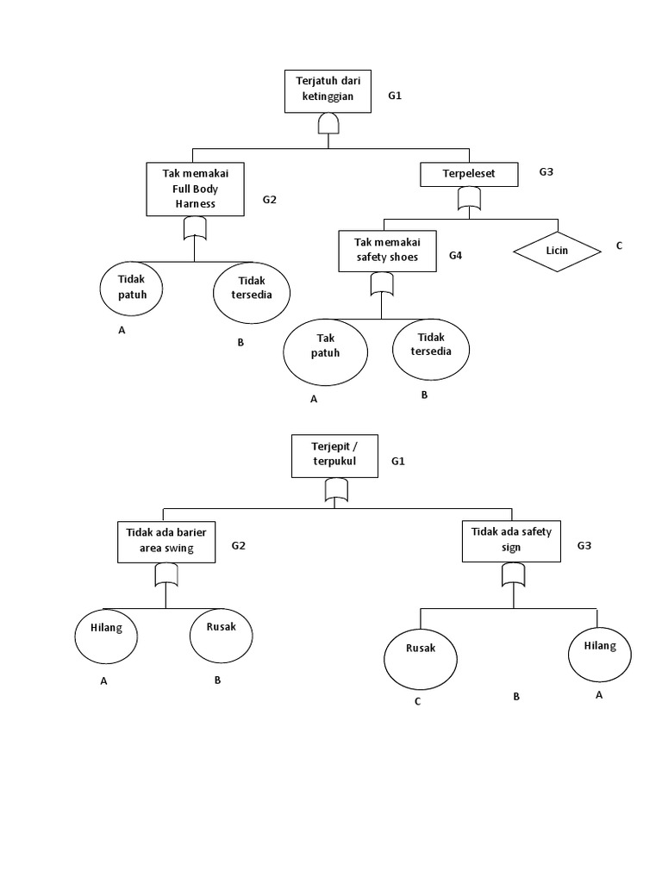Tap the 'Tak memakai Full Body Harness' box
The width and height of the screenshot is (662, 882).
click(194, 190)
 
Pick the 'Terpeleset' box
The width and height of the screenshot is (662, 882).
click(470, 175)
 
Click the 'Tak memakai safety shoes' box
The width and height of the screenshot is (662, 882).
click(386, 251)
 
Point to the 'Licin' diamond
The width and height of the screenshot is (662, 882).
click(556, 252)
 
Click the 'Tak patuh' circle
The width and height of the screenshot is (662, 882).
click(326, 353)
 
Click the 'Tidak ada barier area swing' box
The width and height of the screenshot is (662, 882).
click(166, 542)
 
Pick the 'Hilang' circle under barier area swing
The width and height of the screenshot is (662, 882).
click(107, 637)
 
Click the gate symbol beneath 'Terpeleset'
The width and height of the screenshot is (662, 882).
click(470, 200)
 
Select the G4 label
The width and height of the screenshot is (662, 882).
click(457, 256)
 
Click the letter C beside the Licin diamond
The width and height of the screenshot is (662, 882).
click(618, 245)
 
